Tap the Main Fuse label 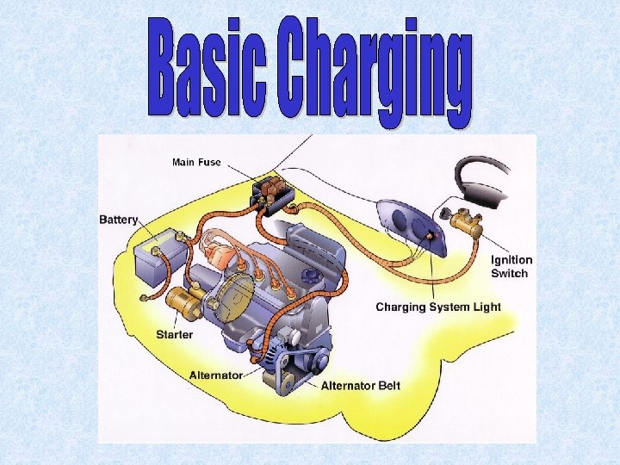[x=196, y=162]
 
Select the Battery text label [x=119, y=220]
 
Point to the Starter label [x=175, y=333]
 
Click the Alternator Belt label [x=360, y=385]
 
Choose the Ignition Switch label [x=512, y=266]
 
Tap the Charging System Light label [x=437, y=307]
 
